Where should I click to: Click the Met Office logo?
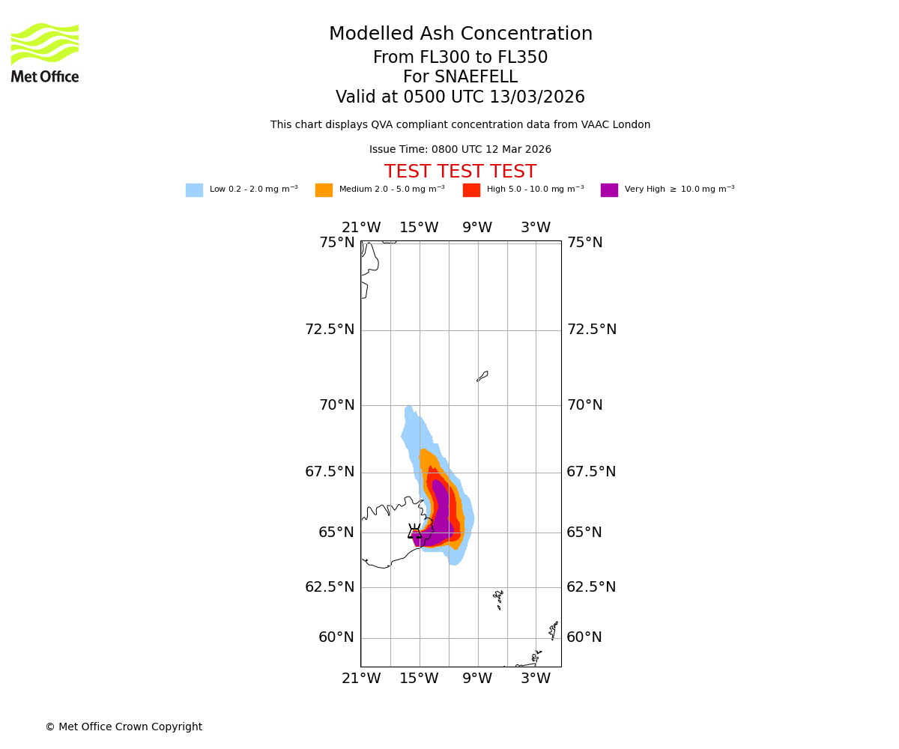coord(45,52)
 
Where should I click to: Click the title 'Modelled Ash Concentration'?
coord(460,34)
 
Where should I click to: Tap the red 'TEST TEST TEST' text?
coord(460,172)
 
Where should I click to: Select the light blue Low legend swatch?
coord(194,190)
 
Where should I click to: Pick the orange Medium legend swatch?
coord(324,190)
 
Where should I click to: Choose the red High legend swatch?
coord(471,190)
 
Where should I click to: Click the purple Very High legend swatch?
coord(609,190)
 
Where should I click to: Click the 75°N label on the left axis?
coord(337,243)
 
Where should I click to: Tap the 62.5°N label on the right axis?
coord(591,587)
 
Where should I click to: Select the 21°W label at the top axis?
coord(361,228)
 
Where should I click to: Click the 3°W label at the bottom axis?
coord(536,679)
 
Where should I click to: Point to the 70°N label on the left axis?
coord(337,405)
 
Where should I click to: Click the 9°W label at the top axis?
coord(477,228)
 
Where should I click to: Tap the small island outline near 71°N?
coord(482,376)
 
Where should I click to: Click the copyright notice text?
coord(124,727)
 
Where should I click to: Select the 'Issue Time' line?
coord(460,150)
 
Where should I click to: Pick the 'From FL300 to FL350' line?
coord(460,58)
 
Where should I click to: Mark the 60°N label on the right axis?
coord(585,637)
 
